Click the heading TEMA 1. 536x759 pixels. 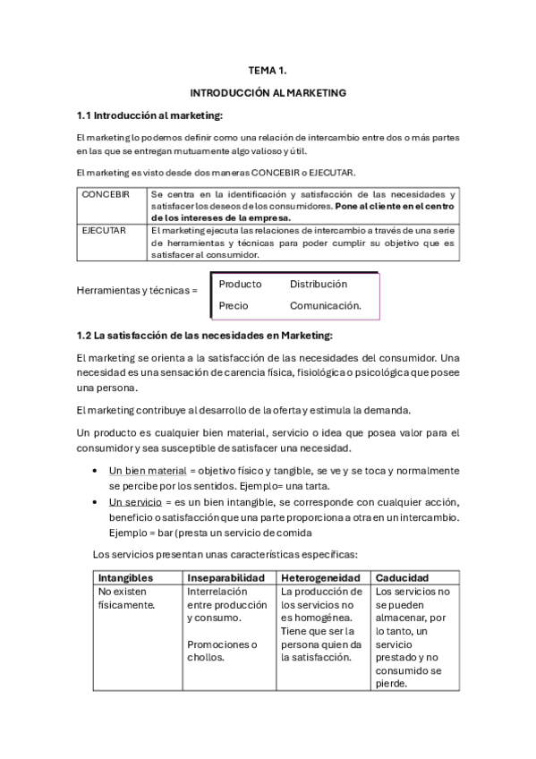pos(268,69)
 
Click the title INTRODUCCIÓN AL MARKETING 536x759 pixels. pos(268,92)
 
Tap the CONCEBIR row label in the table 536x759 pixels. pos(106,194)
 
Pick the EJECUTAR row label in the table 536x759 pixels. pos(104,230)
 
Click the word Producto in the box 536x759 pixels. pos(240,285)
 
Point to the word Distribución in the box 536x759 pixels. pos(318,285)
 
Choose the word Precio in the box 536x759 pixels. pos(234,305)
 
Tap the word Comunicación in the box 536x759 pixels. pos(325,305)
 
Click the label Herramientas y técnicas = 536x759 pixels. pos(137,291)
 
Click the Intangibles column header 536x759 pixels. pos(125,578)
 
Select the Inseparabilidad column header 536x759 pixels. pos(224,578)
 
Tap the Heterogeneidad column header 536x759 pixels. pos(320,578)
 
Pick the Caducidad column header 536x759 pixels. pos(403,578)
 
